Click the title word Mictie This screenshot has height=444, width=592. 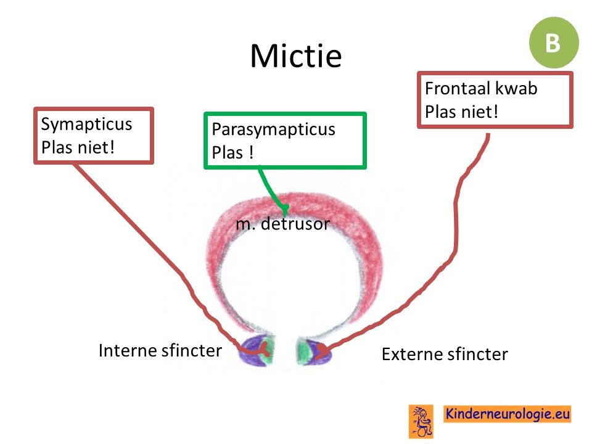pos(296,55)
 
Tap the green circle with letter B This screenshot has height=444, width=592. pos(554,43)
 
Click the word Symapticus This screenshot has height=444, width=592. pos(86,124)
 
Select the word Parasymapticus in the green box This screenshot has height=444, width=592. pos(273,129)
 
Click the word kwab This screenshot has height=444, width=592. pos(516,88)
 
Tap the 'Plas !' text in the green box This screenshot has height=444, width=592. pos(232,152)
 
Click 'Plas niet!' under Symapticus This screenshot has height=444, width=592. pos(78,147)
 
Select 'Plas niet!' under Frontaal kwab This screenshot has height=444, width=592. pos(461,112)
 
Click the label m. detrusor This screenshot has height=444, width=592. pos(283,224)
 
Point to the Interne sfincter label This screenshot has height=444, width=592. pos(160,351)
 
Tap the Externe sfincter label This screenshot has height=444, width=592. pos(445,355)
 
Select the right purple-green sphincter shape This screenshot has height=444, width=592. pos(314,351)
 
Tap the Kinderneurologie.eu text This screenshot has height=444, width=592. pos(507,414)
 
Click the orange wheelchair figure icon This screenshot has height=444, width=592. pos(421,421)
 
